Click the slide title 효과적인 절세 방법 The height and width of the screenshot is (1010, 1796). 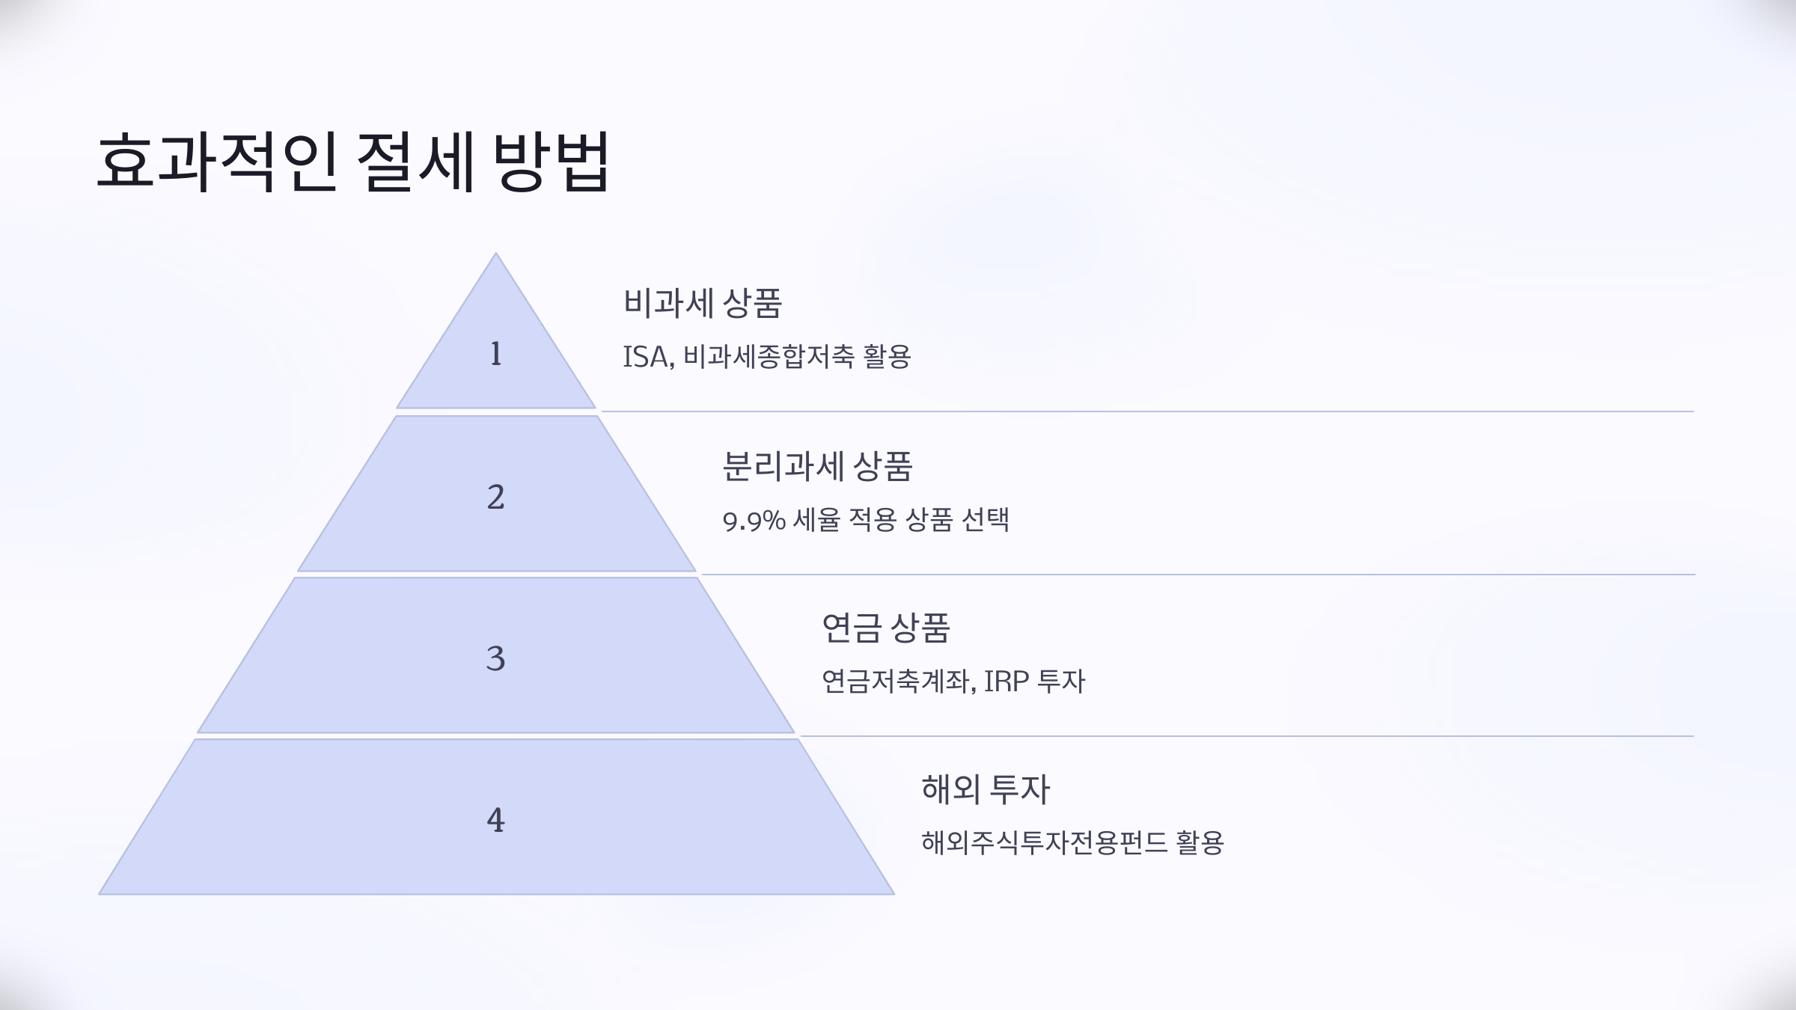tap(353, 163)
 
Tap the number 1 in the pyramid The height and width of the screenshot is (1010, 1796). tap(495, 354)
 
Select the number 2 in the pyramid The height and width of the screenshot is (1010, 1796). tap(495, 498)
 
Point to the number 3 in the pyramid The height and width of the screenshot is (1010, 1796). tap(495, 659)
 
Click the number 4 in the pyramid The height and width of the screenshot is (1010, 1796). tap(495, 821)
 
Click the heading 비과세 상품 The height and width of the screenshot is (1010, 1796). tap(702, 304)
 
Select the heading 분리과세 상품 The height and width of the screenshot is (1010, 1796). tap(817, 467)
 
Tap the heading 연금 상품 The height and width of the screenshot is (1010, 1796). tap(885, 628)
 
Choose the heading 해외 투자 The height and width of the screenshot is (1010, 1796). tap(986, 790)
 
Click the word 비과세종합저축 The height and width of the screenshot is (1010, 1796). tap(769, 357)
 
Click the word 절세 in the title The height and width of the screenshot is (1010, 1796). tap(416, 163)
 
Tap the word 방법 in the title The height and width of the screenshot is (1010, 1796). tap(552, 163)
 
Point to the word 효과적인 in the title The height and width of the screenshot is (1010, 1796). tap(216, 163)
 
